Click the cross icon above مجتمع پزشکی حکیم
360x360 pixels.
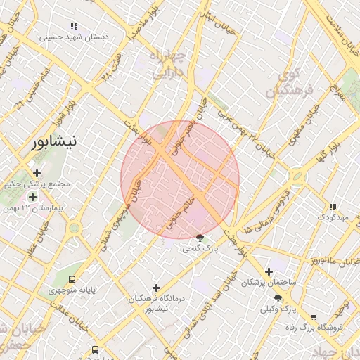pyautogui.click(x=37, y=173)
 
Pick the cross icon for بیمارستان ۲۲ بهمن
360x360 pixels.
pyautogui.click(x=32, y=196)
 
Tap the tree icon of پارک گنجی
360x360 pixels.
pyautogui.click(x=200, y=238)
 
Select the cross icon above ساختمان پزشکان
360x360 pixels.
pyautogui.click(x=268, y=271)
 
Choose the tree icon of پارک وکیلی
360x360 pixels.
pyautogui.click(x=278, y=298)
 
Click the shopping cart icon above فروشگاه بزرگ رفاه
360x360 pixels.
pyautogui.click(x=313, y=316)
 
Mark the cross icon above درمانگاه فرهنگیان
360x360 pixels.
pyautogui.click(x=156, y=287)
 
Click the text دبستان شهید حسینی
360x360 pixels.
pyautogui.click(x=73, y=37)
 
